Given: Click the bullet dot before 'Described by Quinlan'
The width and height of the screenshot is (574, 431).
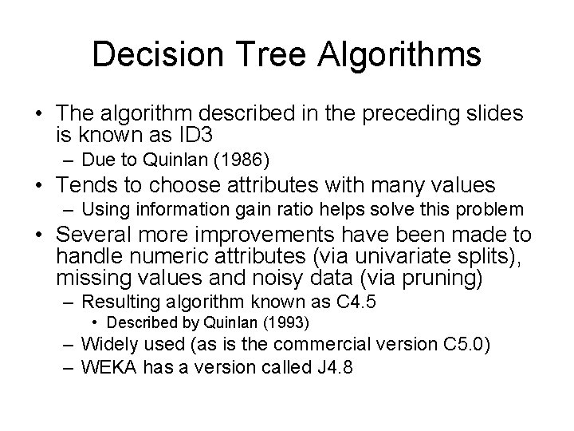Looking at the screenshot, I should pos(95,322).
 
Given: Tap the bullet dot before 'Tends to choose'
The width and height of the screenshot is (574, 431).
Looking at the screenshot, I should pos(37,187).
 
